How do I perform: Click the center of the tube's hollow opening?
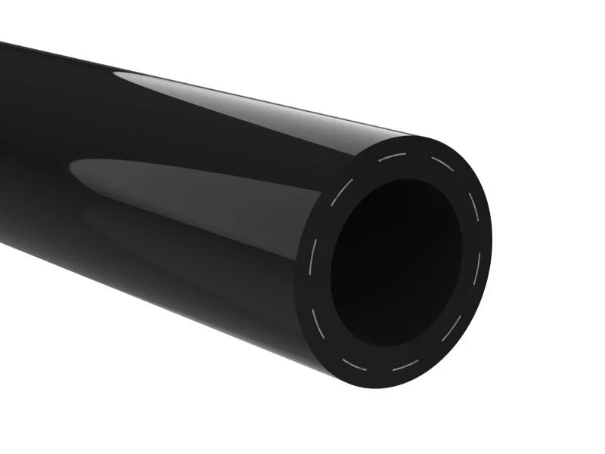396,261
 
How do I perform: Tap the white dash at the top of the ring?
393,157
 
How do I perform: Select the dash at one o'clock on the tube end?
440,164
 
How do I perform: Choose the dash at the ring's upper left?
340,192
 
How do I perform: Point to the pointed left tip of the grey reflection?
72,164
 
